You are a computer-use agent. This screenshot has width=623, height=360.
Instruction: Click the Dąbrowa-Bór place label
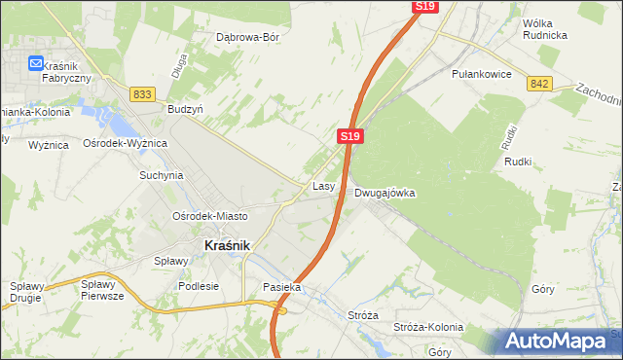point(247,38)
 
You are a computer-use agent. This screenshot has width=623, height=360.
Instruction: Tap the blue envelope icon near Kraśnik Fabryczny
point(36,63)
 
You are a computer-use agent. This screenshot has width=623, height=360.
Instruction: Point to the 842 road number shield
point(540,85)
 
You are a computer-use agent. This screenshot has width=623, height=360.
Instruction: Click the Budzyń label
point(185,110)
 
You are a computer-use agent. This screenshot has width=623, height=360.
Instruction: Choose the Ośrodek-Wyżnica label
point(126,143)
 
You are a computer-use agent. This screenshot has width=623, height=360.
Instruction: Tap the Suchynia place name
point(161,176)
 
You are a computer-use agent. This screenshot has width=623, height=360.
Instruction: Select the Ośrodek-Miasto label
point(209,216)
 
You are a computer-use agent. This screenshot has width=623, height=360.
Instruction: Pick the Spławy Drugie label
point(28,291)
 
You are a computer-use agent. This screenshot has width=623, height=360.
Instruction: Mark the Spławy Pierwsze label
point(102,291)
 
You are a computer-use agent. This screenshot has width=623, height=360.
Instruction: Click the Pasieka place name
point(282,288)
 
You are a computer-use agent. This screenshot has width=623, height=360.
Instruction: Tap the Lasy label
point(324,185)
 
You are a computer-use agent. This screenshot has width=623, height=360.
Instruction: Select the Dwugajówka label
point(385,193)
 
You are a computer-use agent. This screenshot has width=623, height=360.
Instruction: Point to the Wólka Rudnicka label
point(544,28)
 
